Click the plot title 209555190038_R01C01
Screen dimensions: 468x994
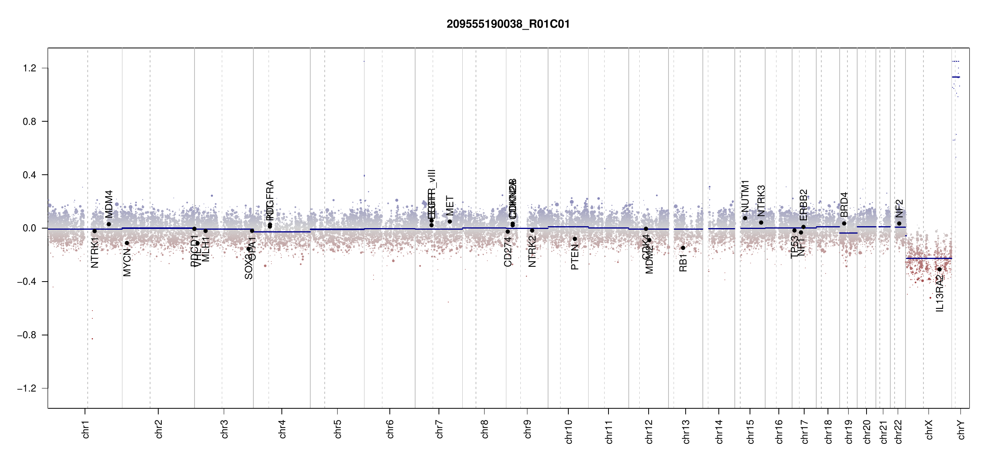(x=508, y=24)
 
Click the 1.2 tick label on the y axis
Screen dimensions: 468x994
(x=29, y=68)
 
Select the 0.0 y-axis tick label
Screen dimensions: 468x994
(x=29, y=228)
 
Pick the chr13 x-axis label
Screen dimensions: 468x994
(x=686, y=431)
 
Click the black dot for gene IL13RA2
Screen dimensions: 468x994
(x=939, y=269)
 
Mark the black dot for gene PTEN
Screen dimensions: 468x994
(x=575, y=239)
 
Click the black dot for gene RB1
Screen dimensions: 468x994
(x=683, y=248)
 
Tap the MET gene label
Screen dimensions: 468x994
(x=450, y=206)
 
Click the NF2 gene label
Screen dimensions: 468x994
(x=899, y=209)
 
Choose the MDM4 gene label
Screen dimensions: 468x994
(x=109, y=204)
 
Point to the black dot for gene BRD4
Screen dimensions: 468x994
(x=844, y=223)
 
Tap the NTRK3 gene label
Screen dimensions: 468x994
(x=761, y=200)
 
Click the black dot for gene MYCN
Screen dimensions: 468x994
(x=127, y=243)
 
